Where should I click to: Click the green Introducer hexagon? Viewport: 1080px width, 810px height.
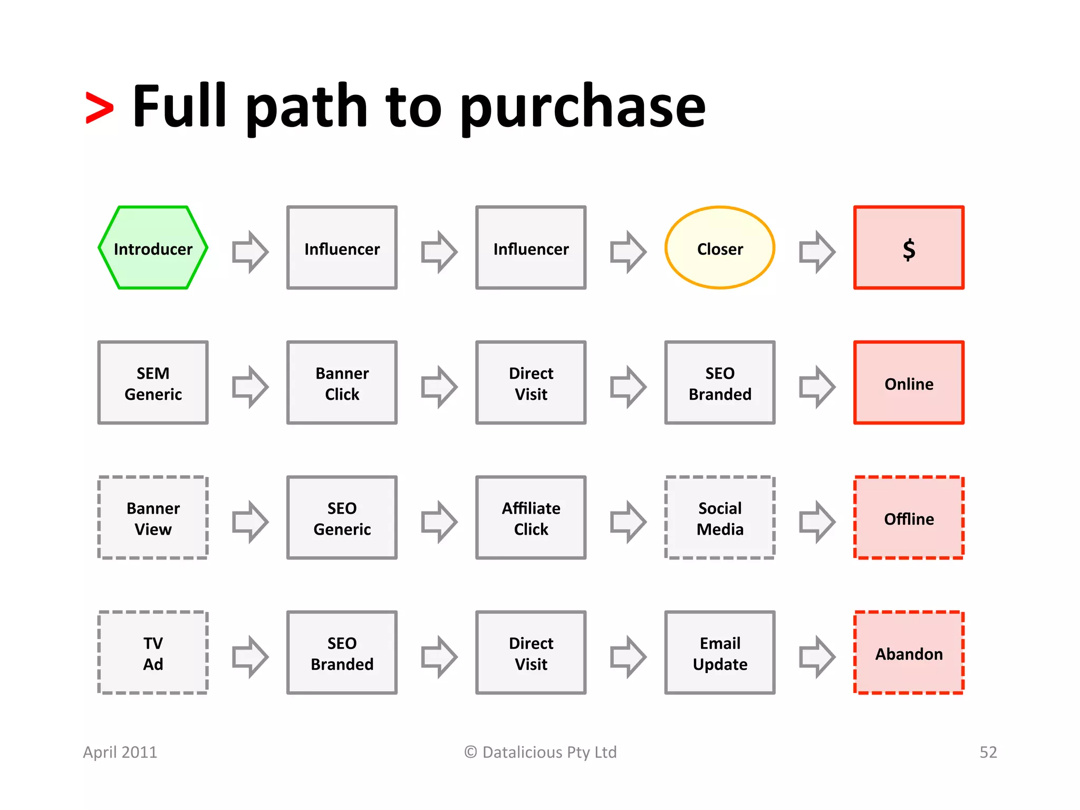pos(153,248)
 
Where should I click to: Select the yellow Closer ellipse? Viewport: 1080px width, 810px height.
pos(720,248)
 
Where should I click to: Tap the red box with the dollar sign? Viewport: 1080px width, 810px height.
pos(909,248)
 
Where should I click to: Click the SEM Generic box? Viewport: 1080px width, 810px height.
pos(153,383)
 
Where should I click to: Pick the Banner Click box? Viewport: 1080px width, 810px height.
pos(342,383)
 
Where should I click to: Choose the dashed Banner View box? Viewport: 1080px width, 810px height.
pos(153,518)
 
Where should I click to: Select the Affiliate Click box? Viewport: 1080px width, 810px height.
pos(531,518)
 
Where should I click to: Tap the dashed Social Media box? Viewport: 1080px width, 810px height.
pos(720,518)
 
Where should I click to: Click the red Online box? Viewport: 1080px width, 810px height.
pos(909,383)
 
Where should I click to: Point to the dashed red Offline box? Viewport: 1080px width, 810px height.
pos(909,518)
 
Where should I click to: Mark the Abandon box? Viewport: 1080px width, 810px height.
pos(909,653)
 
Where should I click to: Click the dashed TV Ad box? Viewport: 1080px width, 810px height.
pos(153,653)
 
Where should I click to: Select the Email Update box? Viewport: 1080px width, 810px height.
pos(720,653)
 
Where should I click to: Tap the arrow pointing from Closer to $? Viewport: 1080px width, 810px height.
pos(817,252)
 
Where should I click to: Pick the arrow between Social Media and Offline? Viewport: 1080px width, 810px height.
pos(817,522)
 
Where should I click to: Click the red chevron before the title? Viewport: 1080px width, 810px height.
pos(100,108)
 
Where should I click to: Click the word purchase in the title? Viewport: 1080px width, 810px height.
pos(583,108)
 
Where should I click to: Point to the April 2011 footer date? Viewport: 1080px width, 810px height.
pos(120,752)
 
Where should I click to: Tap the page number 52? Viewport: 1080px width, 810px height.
pos(988,752)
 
